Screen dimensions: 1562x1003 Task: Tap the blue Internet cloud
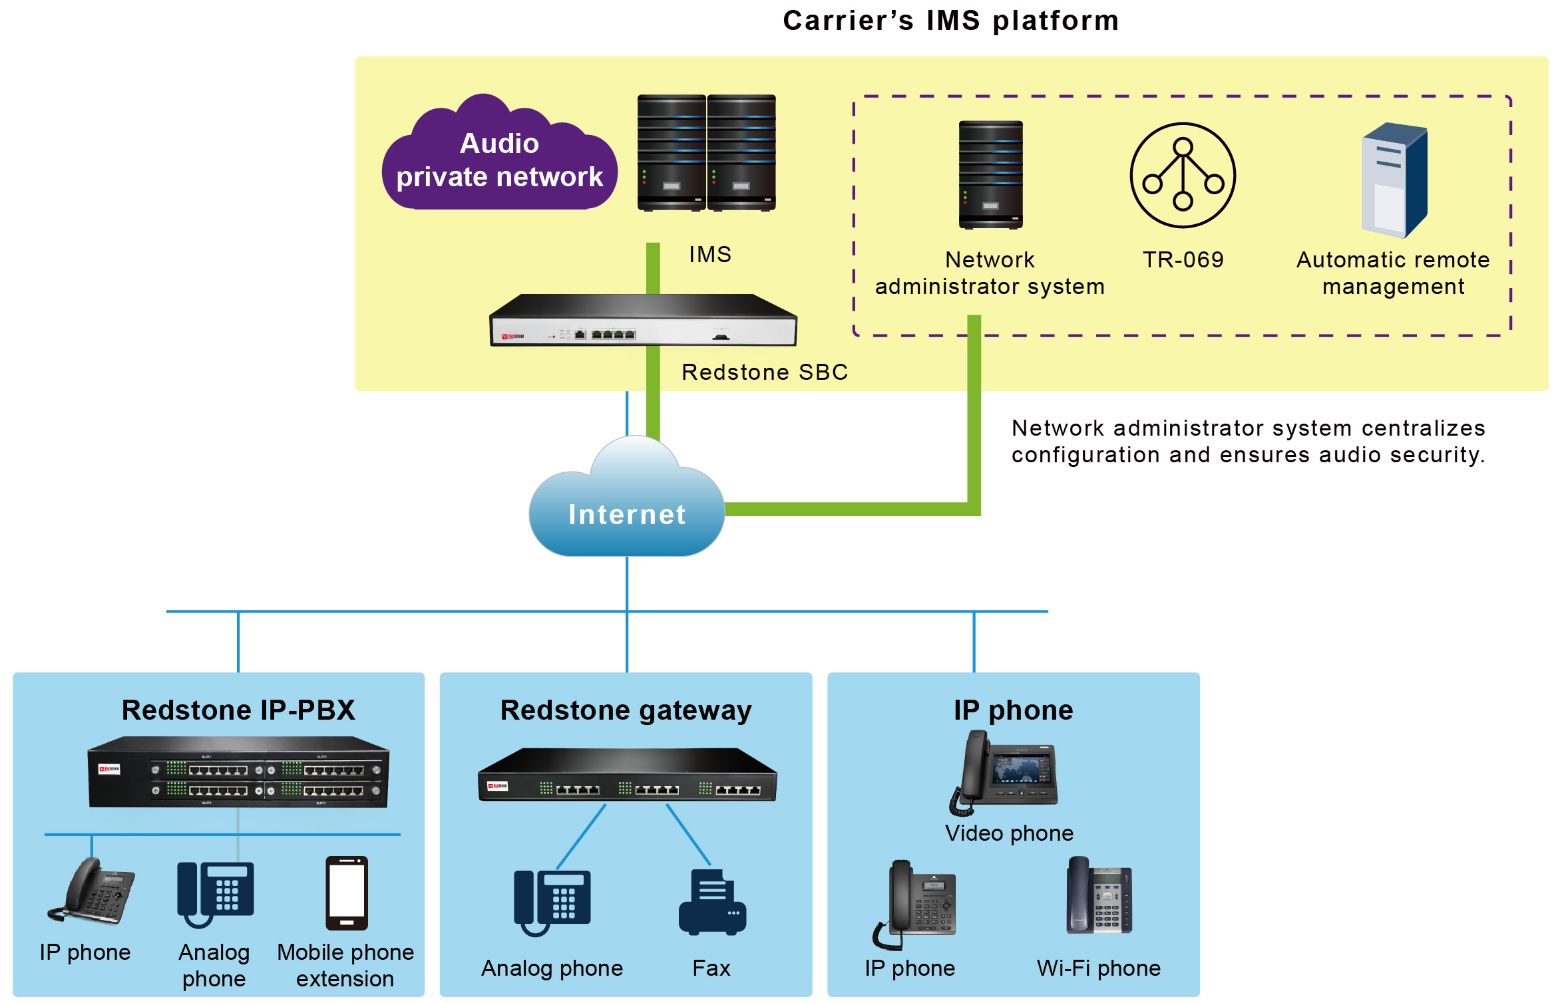coord(626,499)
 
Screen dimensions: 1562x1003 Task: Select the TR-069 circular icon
coord(1183,175)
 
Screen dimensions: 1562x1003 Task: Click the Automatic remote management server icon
coord(1394,180)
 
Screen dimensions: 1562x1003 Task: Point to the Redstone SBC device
coord(643,320)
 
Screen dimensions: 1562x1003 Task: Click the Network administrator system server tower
coord(990,175)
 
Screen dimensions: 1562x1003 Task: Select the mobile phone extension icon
coord(347,893)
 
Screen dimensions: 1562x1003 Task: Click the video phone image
coord(1004,773)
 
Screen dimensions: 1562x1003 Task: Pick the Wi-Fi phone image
coord(1099,895)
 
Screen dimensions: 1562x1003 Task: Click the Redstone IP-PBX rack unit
coord(238,772)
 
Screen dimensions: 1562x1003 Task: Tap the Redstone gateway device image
coord(627,775)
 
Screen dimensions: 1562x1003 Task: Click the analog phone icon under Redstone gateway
coord(552,903)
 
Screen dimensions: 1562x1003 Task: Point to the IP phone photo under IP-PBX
coord(91,891)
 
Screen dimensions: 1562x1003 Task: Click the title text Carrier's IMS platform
coord(951,21)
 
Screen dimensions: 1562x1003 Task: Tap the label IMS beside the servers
coord(710,255)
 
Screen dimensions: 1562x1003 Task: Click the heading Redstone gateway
coord(626,710)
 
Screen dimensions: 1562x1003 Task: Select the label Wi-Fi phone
coord(1099,968)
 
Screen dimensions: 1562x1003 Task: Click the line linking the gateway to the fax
coord(688,835)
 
